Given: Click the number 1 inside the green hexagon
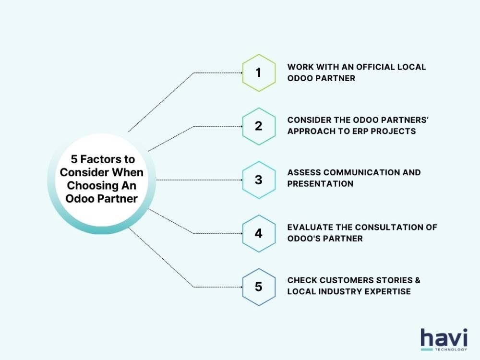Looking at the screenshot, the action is [258, 72].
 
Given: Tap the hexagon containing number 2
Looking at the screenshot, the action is [259, 126].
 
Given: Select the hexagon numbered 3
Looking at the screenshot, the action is [259, 180].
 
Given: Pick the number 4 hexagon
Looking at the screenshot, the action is [259, 234].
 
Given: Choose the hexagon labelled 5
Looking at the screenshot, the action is [259, 287].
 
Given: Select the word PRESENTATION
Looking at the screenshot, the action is [320, 184].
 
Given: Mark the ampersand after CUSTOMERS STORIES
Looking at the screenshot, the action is [418, 280].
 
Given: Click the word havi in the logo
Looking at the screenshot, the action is [444, 338].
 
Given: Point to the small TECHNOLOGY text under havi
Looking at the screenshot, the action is [451, 349].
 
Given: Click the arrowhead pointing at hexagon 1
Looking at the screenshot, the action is [241, 73].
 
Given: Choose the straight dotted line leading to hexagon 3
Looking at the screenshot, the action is [199, 180].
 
